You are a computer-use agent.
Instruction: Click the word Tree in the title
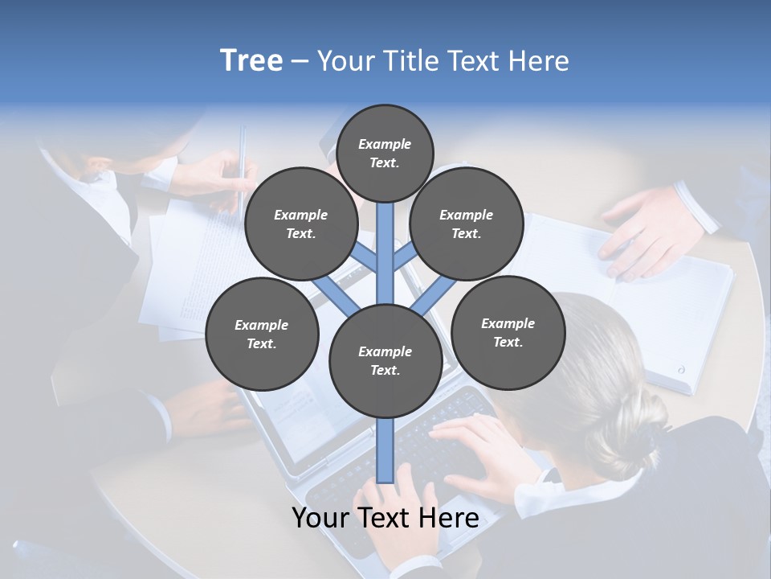point(251,60)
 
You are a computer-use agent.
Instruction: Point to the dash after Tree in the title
point(300,61)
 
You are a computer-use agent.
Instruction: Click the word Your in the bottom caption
point(320,519)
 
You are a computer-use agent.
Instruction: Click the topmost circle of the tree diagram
point(385,153)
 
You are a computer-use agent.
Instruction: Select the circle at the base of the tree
point(385,361)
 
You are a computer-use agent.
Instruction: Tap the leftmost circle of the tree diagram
point(262,334)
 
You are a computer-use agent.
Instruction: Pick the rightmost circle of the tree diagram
point(508,332)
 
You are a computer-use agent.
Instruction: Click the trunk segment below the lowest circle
point(385,450)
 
